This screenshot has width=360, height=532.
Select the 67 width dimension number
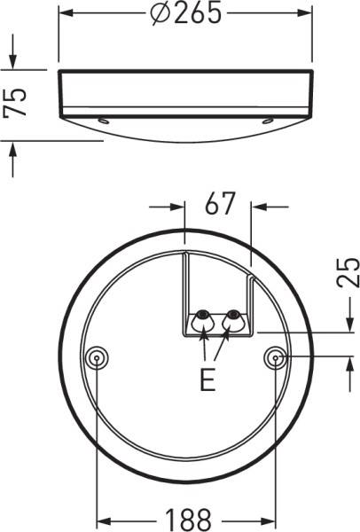(x=219, y=205)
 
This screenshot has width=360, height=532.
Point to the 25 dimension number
(x=348, y=273)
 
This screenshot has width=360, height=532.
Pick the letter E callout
(x=207, y=381)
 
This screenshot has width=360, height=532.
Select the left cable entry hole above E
(x=203, y=317)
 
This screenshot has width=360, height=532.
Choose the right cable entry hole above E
(x=233, y=317)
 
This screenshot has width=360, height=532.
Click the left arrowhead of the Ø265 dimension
(x=67, y=14)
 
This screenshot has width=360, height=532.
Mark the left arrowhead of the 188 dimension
(x=103, y=517)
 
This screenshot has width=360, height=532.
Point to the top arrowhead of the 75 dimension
(x=13, y=62)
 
